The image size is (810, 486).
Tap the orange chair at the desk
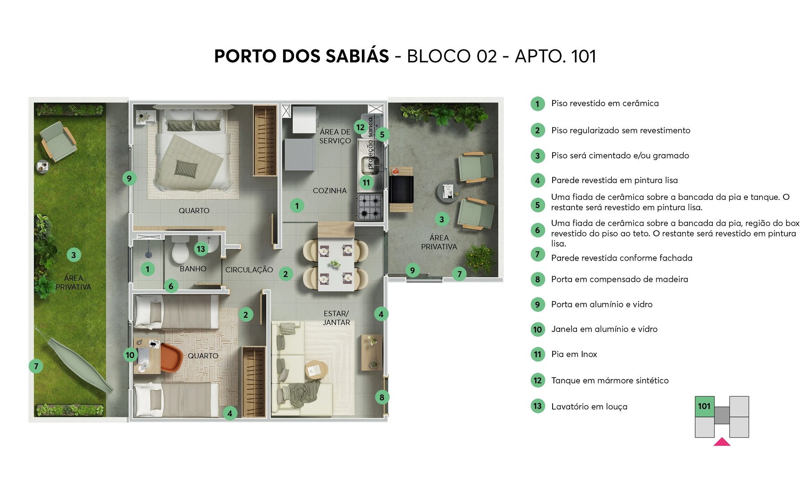coord(170,357)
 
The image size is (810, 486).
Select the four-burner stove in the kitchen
coord(369,207)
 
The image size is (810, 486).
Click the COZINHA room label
coord(329,190)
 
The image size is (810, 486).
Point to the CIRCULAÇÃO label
coord(249,270)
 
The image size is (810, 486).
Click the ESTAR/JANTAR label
coord(336,318)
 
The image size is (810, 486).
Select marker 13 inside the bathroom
coord(201,248)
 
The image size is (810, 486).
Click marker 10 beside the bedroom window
coord(130,355)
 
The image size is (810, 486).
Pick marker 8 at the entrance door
coord(382,397)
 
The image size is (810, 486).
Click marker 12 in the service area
coord(360,127)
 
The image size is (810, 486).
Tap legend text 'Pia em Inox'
coord(574,354)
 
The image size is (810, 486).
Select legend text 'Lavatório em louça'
coord(589,406)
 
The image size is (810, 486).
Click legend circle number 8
coord(537,279)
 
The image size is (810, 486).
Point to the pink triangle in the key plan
coord(722,442)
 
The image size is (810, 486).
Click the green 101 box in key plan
coord(704,406)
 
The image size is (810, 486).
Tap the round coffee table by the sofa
coord(316,370)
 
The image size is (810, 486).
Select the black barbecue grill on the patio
coord(401,189)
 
